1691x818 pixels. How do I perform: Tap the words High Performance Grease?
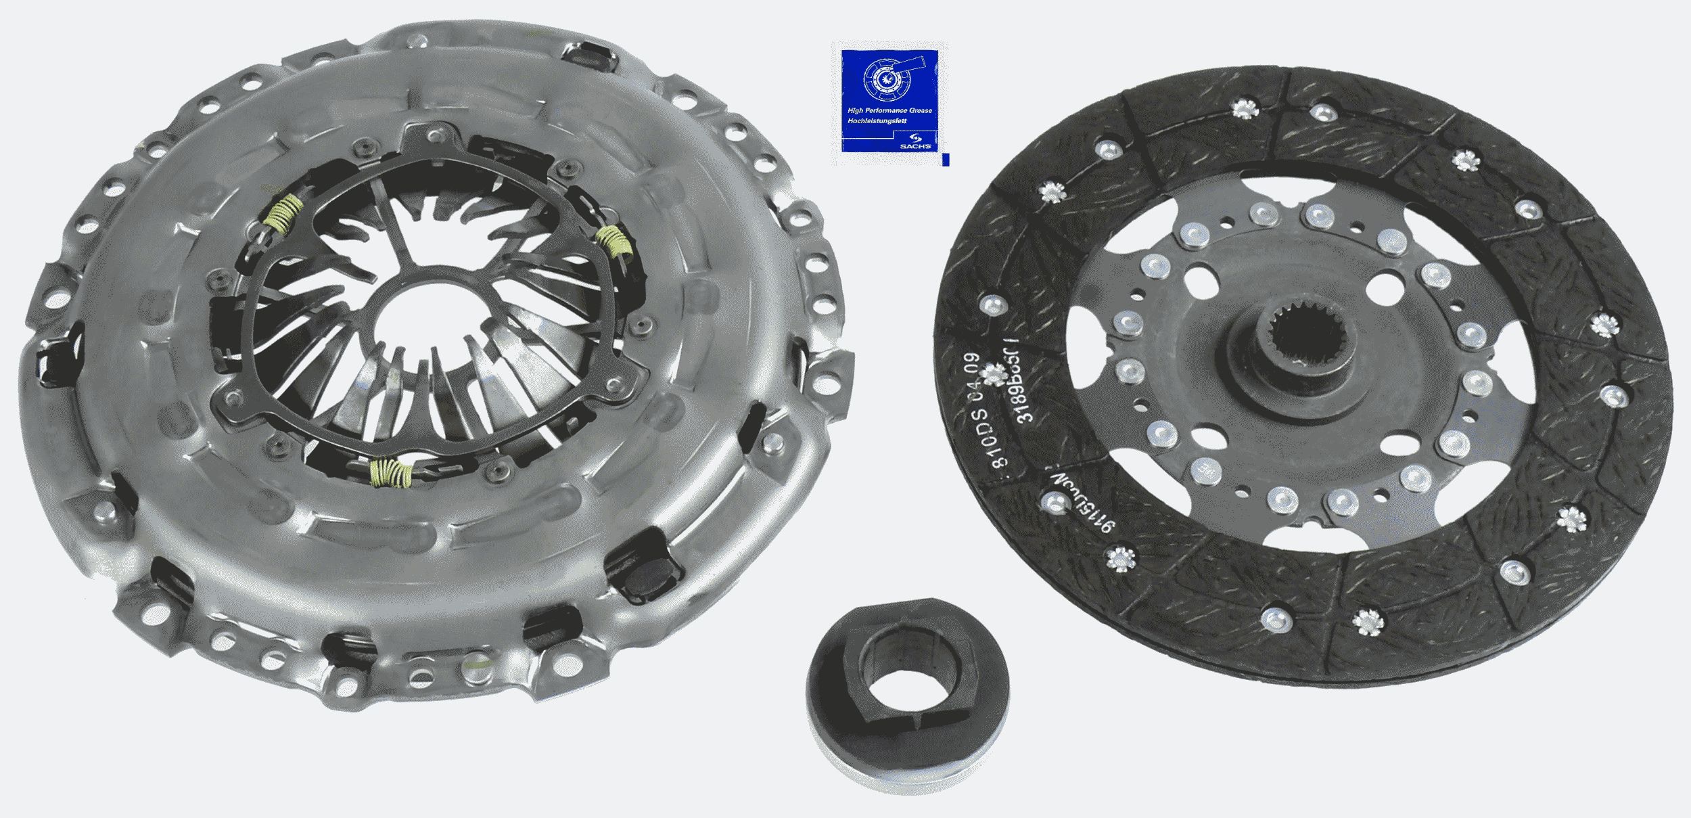889,110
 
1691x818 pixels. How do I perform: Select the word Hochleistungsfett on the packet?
877,120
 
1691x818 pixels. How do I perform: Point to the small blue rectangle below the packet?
945,160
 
